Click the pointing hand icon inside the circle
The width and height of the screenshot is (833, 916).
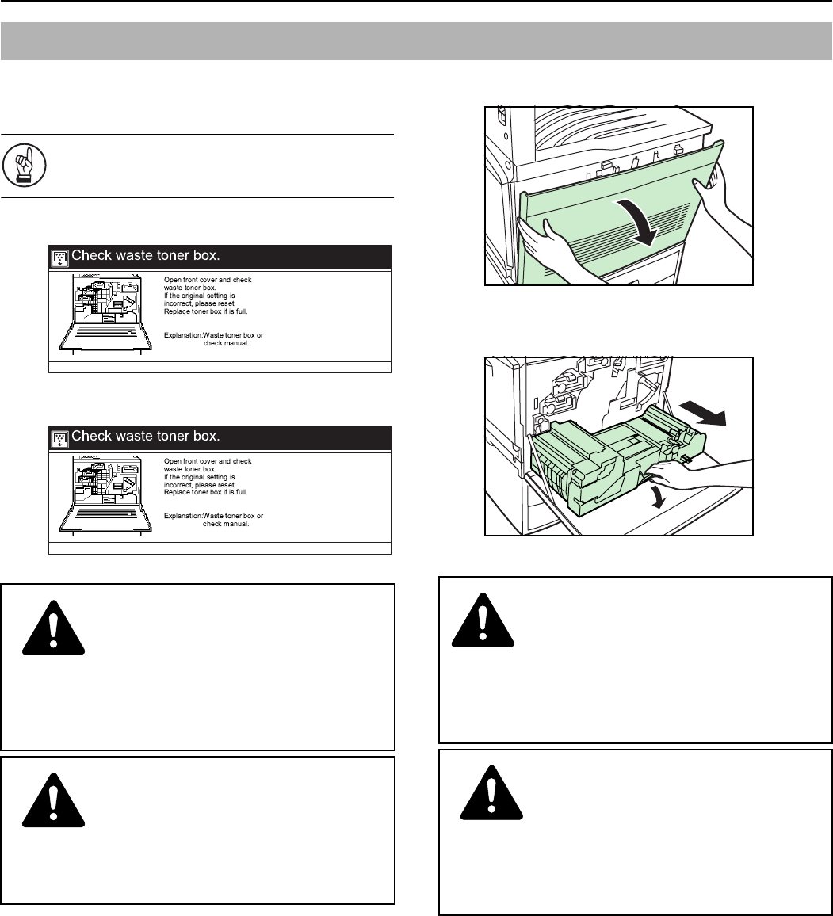coord(25,166)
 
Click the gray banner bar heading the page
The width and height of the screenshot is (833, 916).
coord(417,41)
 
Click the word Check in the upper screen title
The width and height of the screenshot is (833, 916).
coord(91,255)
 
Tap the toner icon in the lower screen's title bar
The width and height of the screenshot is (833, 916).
coord(59,439)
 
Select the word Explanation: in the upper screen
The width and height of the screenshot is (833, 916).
coord(183,335)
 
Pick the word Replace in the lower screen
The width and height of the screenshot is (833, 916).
coord(177,492)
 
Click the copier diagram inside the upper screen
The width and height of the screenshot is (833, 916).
coord(105,313)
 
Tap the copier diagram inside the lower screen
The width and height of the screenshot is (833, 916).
coord(105,494)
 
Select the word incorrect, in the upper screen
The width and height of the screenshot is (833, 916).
coord(179,303)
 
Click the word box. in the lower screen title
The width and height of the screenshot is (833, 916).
coord(207,437)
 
